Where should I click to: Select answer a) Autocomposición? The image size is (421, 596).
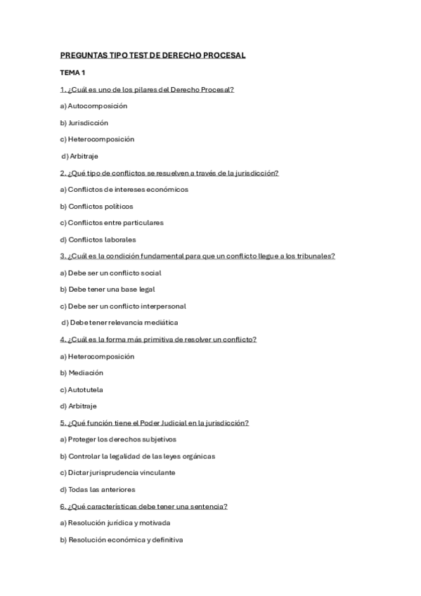(x=93, y=106)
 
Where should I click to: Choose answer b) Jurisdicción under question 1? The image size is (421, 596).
(x=84, y=123)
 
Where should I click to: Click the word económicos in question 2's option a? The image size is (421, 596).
(x=168, y=190)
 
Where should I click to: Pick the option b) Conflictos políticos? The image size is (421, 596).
(x=96, y=207)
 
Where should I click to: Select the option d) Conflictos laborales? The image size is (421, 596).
(x=98, y=240)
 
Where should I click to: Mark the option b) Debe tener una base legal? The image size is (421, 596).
(x=108, y=290)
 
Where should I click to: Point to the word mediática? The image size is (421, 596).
(x=160, y=323)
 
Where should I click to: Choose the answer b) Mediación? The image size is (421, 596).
(x=82, y=373)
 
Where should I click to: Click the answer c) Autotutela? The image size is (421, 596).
(x=82, y=390)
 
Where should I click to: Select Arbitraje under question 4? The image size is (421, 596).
(x=82, y=406)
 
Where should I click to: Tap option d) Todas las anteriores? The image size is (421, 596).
(x=98, y=490)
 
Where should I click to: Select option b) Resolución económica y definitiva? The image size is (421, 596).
(x=121, y=540)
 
